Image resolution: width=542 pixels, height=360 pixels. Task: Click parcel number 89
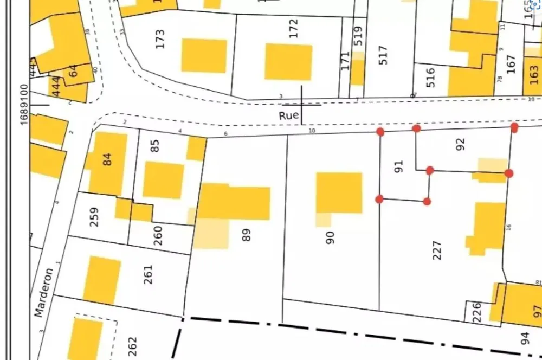247,235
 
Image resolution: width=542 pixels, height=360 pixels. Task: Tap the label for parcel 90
331,237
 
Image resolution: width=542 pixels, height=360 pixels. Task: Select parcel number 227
438,250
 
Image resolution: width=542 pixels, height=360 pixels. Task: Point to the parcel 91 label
399,166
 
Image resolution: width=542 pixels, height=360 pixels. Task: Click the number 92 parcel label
461,144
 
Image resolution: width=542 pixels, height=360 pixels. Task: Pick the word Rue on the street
289,115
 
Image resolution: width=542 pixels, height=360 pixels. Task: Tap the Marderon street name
44,292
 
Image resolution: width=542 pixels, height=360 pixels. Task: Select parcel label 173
159,39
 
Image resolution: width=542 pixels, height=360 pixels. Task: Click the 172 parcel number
294,28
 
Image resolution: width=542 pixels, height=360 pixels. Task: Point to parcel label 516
431,78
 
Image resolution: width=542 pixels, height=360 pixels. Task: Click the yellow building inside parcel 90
339,193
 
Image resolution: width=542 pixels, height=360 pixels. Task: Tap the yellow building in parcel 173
204,55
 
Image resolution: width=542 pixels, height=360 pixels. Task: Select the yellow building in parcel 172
288,62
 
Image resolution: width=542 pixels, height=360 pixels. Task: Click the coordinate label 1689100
24,105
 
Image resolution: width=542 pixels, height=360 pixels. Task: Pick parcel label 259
94,216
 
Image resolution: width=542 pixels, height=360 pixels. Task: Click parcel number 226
477,312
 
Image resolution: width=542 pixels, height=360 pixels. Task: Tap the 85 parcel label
156,145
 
